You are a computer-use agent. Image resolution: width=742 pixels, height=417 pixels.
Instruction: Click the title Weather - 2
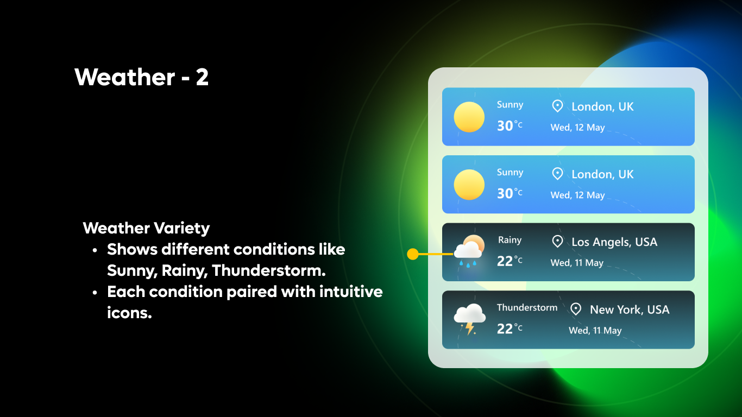(142, 77)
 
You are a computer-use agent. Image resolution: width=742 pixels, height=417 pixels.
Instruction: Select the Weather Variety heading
(146, 228)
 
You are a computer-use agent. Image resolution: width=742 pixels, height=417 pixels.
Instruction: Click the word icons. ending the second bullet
(129, 313)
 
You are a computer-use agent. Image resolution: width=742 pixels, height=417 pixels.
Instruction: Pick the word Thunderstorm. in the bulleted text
(268, 270)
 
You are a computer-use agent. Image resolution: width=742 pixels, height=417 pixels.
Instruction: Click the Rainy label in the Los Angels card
(510, 240)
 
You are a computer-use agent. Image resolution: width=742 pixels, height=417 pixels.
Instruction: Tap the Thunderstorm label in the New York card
(527, 307)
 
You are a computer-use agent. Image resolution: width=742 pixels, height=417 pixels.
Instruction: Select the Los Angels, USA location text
(614, 242)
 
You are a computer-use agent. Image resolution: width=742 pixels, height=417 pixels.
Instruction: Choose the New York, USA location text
(630, 309)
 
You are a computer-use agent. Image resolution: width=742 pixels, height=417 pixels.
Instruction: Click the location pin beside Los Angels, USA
(557, 242)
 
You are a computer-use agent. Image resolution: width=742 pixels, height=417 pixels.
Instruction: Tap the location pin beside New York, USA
(576, 309)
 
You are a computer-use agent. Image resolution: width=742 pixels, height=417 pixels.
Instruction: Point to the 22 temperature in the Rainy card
(505, 261)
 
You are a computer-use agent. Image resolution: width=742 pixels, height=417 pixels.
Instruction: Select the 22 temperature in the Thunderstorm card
(505, 328)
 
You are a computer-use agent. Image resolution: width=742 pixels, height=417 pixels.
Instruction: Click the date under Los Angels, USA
(577, 263)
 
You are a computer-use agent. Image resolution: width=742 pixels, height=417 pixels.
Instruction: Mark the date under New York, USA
(595, 330)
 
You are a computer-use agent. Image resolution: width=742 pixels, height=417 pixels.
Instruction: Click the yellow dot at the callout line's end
(413, 254)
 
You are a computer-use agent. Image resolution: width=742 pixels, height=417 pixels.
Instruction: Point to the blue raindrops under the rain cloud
(468, 263)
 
